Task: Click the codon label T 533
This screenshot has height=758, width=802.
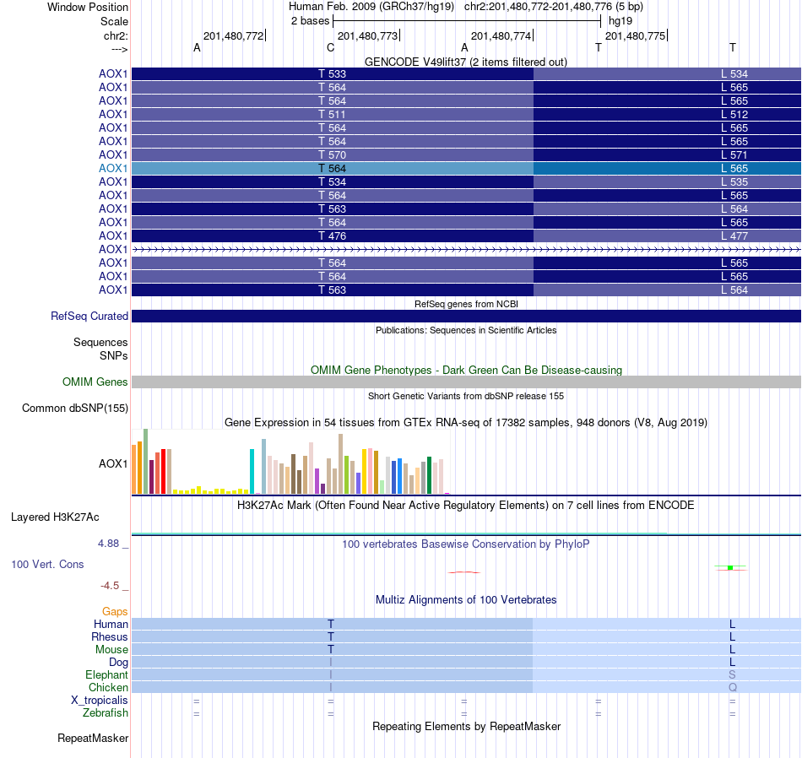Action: point(332,73)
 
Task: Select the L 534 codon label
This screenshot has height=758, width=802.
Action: point(734,73)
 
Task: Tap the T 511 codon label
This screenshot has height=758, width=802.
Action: point(332,114)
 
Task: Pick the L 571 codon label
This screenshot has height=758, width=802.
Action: point(734,154)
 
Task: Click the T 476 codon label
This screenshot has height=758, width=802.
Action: point(332,236)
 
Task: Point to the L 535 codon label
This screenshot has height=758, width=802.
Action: point(734,181)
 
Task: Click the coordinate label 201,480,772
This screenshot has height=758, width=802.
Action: point(233,35)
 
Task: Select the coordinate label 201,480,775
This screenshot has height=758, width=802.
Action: point(635,35)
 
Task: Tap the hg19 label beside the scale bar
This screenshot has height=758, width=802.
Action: point(620,20)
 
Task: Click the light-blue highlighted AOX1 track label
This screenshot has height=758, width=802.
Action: point(113,168)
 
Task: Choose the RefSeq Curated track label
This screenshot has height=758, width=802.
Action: point(89,317)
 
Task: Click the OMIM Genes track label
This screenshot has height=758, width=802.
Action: point(95,382)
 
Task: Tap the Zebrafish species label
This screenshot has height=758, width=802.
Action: point(106,713)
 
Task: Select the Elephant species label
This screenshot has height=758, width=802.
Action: point(106,674)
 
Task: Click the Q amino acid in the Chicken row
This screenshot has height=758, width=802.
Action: point(732,688)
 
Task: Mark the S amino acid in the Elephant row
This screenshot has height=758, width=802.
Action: point(732,674)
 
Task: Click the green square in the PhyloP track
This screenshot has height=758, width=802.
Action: point(729,567)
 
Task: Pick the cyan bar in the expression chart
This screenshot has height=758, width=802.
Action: point(252,471)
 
